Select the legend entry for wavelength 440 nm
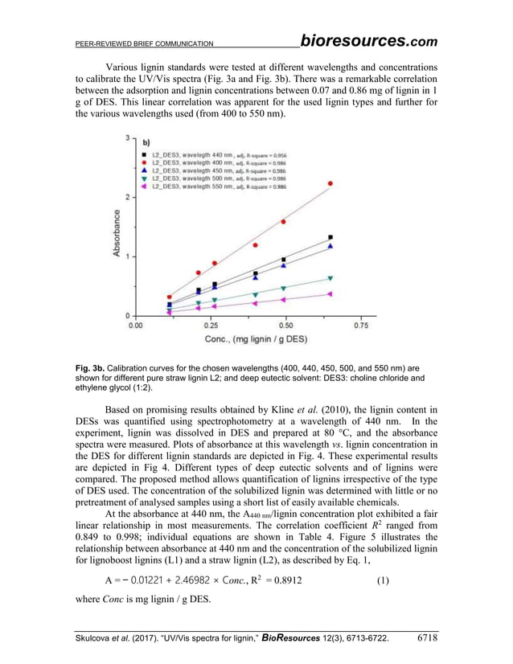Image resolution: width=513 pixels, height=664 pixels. [x=210, y=152]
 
